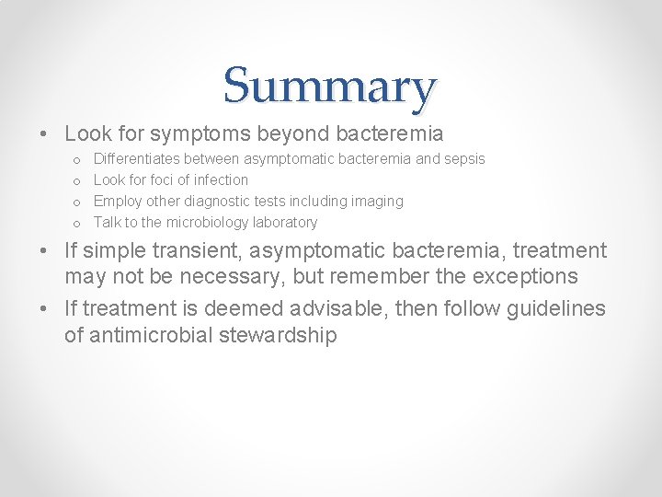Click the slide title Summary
coord(329,87)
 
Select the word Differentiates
coord(137,159)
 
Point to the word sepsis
coord(465,159)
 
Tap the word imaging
coord(377,202)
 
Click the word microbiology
coord(207,223)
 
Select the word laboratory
coord(285,223)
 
